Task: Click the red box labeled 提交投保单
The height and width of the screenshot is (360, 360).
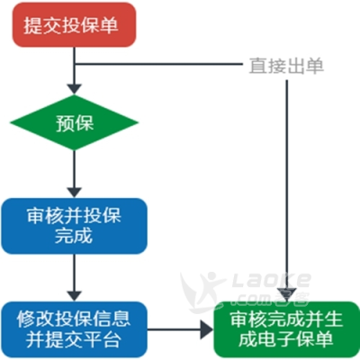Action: click(x=74, y=24)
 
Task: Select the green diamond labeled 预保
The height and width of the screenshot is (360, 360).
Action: click(x=74, y=122)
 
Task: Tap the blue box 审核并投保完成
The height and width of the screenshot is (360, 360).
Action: click(x=74, y=226)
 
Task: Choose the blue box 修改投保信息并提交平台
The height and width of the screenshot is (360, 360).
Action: click(x=74, y=329)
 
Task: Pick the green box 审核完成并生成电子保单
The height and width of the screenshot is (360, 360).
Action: click(x=286, y=329)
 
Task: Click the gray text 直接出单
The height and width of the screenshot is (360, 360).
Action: click(x=286, y=66)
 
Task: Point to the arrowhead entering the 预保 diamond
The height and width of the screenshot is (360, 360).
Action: click(x=74, y=89)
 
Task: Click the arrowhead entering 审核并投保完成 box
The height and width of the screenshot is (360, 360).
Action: click(x=74, y=193)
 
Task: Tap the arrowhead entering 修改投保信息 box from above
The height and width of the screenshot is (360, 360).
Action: click(x=74, y=296)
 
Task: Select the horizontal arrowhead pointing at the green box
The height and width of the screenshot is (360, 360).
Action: click(x=207, y=329)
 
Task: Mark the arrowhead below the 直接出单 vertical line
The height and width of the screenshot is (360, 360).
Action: click(x=286, y=294)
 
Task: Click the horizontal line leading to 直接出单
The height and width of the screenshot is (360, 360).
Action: click(x=158, y=64)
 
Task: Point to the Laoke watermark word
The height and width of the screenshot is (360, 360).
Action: click(x=272, y=280)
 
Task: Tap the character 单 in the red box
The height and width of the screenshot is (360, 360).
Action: click(x=108, y=24)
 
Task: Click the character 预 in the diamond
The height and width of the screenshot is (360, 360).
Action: click(x=65, y=122)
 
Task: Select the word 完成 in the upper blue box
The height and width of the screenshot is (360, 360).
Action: click(x=74, y=236)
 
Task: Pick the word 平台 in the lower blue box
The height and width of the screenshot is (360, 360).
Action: click(x=103, y=339)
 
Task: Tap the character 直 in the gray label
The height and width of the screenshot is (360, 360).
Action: click(x=258, y=66)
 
